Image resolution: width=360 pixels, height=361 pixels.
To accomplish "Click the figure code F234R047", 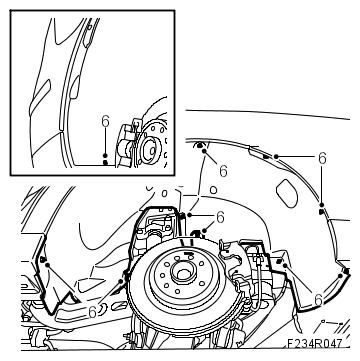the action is pyautogui.click(x=315, y=343).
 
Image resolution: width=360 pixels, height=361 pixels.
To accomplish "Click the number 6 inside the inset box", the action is pyautogui.click(x=105, y=122).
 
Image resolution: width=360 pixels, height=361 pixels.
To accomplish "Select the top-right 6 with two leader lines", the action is pyautogui.click(x=322, y=158).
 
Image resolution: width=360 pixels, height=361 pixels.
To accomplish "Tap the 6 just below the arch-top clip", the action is pyautogui.click(x=223, y=171).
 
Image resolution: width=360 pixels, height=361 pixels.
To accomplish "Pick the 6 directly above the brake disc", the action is pyautogui.click(x=220, y=217).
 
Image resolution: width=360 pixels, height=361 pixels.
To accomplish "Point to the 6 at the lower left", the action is pyautogui.click(x=93, y=312).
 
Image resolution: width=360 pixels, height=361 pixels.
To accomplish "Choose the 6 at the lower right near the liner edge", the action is pyautogui.click(x=318, y=300).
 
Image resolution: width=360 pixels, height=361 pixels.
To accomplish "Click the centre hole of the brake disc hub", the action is pyautogui.click(x=182, y=273).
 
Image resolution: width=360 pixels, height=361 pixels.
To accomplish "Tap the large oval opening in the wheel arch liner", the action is pyautogui.click(x=287, y=193).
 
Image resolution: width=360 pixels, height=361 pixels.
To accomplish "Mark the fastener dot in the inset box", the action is pyautogui.click(x=105, y=163).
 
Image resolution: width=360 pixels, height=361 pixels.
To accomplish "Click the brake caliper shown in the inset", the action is pyautogui.click(x=128, y=144).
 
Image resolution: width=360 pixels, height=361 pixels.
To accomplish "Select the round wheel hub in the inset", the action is pyautogui.click(x=149, y=150).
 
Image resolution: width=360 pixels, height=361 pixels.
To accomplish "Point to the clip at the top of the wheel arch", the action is pyautogui.click(x=200, y=145).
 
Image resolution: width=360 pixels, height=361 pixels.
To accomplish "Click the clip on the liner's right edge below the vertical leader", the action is pyautogui.click(x=321, y=211).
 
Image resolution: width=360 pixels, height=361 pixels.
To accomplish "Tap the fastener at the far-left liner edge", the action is pyautogui.click(x=43, y=259).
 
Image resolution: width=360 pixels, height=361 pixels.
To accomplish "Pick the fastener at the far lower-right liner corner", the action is pyautogui.click(x=346, y=272).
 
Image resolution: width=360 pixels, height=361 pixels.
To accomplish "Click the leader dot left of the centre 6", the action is pyautogui.click(x=189, y=215).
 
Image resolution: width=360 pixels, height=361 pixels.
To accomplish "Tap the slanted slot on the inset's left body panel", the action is pyautogui.click(x=40, y=98).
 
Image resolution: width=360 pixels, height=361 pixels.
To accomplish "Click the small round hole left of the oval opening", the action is pyautogui.click(x=213, y=190).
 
